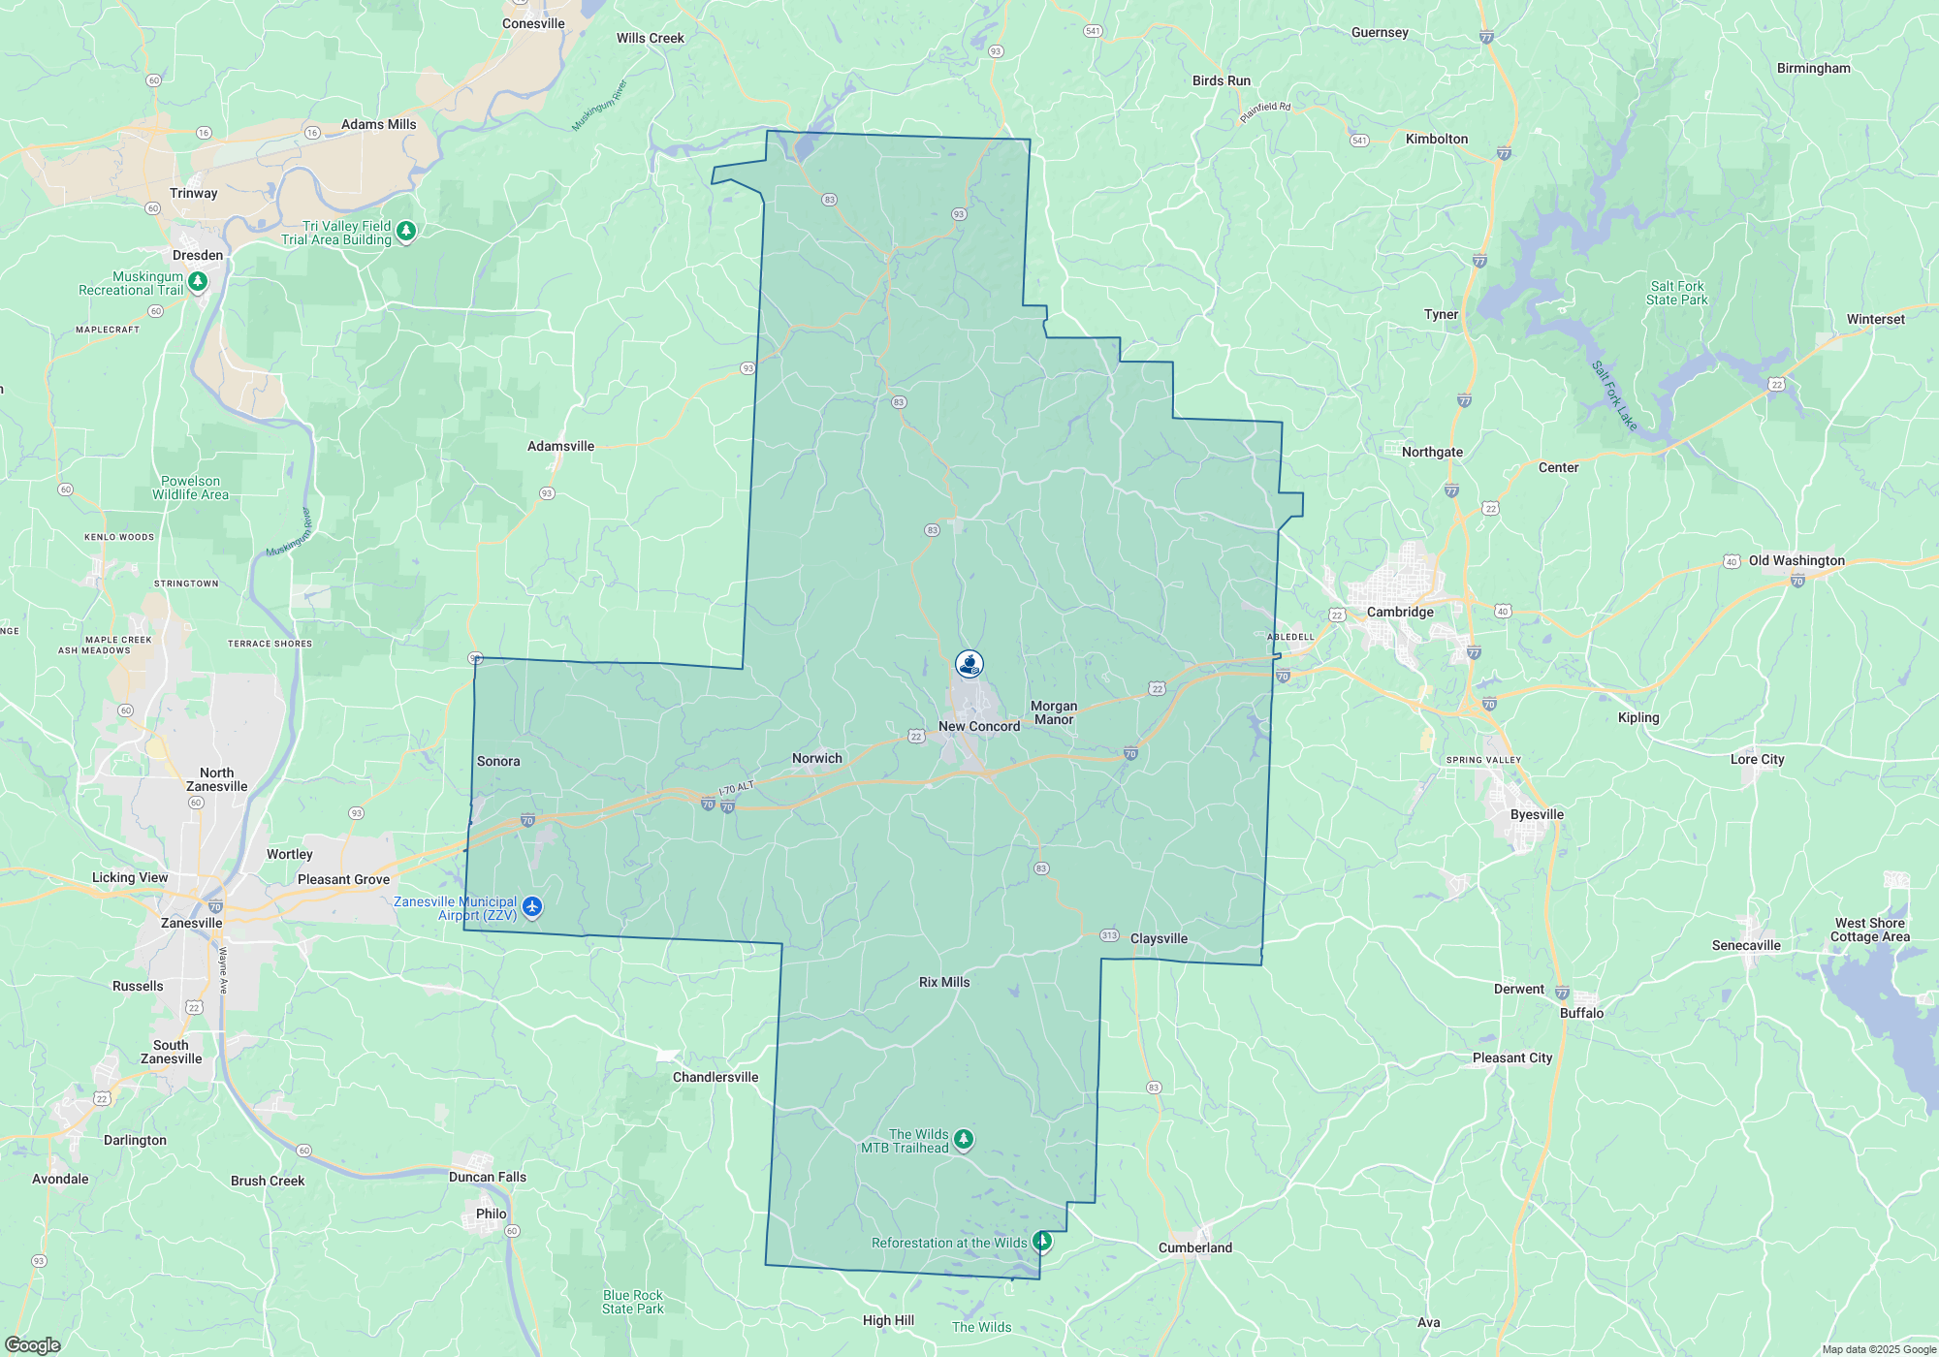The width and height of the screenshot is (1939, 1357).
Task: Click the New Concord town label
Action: click(x=979, y=726)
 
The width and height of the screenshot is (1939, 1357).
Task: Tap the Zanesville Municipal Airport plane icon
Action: click(x=532, y=907)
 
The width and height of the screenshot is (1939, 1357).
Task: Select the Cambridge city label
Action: click(x=1400, y=612)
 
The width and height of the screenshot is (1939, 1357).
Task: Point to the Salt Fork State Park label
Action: click(x=1676, y=293)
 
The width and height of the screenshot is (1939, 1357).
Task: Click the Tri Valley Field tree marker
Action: click(x=406, y=231)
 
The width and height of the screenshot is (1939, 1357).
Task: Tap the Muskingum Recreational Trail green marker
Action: click(x=198, y=281)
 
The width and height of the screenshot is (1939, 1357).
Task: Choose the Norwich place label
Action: click(x=817, y=758)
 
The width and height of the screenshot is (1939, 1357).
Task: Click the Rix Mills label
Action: click(x=944, y=982)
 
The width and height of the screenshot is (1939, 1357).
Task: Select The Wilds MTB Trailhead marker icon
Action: click(x=963, y=1139)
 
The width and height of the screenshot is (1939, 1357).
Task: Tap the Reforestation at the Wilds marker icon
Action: click(x=1042, y=1241)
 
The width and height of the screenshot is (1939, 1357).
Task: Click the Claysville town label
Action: click(x=1159, y=938)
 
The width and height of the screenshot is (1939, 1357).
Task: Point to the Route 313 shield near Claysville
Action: click(x=1110, y=935)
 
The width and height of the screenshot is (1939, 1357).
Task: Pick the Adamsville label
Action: click(x=560, y=446)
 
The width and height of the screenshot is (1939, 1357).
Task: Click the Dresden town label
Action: click(x=198, y=255)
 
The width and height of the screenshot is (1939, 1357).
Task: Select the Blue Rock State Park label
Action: click(x=633, y=1302)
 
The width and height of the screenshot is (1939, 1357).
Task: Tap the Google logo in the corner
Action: click(x=33, y=1344)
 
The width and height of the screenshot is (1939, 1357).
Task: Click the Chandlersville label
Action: click(x=715, y=1077)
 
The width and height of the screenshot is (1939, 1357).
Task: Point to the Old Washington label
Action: click(x=1796, y=560)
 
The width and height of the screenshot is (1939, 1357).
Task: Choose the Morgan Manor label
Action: click(x=1054, y=712)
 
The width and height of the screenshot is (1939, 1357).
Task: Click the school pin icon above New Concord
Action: click(x=969, y=664)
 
